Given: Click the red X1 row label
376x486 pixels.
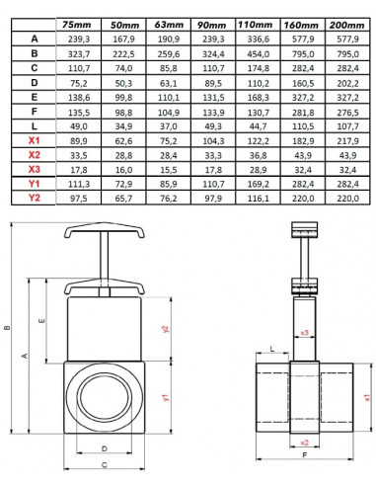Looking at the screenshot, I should click(x=35, y=142).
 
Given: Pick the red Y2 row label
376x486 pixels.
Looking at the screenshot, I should click(x=35, y=199).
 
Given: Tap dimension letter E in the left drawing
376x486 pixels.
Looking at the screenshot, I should click(x=40, y=322).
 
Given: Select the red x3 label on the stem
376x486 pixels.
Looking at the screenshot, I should click(x=305, y=333).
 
